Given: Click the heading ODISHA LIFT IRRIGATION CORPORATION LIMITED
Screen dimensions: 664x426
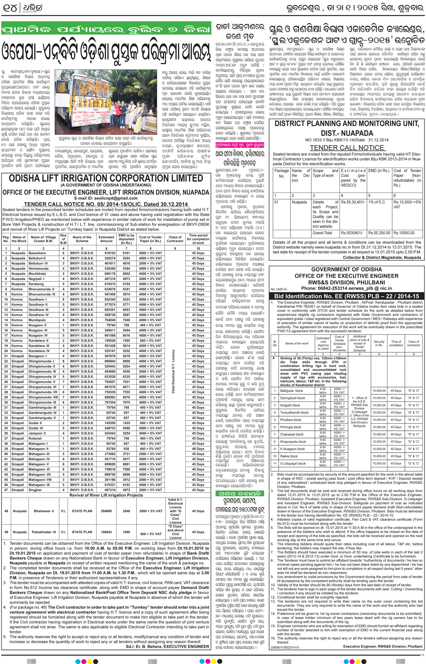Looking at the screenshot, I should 106,178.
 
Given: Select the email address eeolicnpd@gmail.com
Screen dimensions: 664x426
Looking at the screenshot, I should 106,198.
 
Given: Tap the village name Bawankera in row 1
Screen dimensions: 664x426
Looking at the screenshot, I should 37,253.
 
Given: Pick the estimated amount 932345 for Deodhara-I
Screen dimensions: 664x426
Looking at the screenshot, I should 106,299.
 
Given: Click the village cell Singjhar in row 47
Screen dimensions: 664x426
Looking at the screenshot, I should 35,490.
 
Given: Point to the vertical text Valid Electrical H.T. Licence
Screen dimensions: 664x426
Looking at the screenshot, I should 173,371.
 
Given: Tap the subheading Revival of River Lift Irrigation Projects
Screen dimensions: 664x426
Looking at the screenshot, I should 106,495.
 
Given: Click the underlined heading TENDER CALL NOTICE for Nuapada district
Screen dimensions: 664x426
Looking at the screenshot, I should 347,148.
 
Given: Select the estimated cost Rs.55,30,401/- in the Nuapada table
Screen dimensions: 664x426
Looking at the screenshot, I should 353,202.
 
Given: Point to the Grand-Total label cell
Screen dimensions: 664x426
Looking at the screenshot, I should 322,233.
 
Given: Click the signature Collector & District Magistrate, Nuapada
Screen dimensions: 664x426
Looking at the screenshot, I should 382,257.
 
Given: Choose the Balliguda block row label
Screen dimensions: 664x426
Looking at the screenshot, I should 291,391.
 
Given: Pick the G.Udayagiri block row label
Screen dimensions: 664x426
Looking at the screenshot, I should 293,463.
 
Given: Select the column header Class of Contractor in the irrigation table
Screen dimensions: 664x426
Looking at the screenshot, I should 175,239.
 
